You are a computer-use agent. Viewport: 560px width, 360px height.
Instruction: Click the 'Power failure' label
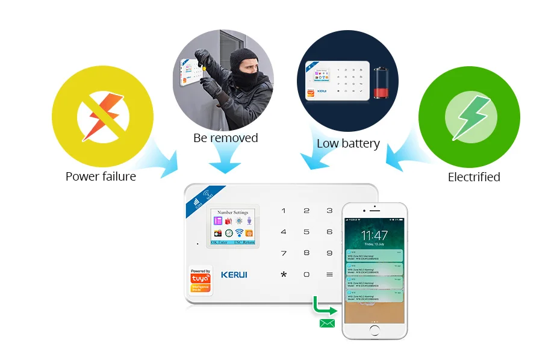101,176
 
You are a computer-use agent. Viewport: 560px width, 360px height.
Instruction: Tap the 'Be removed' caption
225,138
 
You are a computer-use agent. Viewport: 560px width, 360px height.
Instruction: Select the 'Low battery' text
348,143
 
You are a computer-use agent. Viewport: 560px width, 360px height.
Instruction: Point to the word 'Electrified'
474,177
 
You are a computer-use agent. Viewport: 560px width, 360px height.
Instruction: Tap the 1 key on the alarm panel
284,211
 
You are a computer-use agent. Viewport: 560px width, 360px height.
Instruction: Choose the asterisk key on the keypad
284,275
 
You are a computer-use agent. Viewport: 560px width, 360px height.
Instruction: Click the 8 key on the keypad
306,253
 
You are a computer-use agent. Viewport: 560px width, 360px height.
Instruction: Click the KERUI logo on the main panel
234,275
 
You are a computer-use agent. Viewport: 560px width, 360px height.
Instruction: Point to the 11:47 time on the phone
375,235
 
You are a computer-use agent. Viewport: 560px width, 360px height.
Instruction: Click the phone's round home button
375,331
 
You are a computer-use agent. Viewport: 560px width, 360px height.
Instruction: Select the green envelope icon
327,323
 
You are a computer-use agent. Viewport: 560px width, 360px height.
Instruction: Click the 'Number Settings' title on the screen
232,213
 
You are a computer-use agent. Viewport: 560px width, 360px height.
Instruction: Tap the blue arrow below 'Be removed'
225,161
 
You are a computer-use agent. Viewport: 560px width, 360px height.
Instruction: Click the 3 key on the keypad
329,211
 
